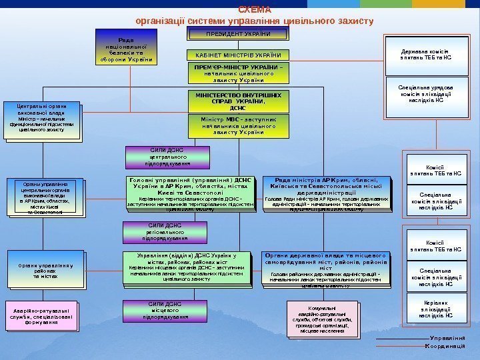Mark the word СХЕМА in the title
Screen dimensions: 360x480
[255, 10]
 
